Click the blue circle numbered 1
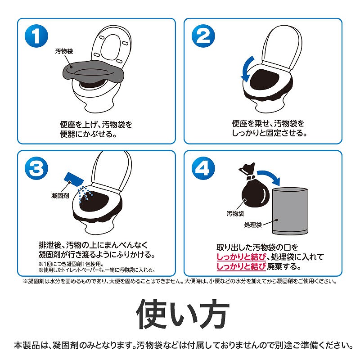(36, 36)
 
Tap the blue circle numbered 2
(203, 36)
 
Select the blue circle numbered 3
(36, 168)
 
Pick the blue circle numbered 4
(203, 168)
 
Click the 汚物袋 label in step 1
(64, 51)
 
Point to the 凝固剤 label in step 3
(60, 196)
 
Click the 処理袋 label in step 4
(253, 225)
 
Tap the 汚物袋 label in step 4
(235, 213)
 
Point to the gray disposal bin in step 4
(290, 211)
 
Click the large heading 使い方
(183, 314)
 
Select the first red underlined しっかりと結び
(241, 257)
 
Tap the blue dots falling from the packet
(85, 194)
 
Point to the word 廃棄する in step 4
(284, 266)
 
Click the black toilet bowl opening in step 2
(264, 79)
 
